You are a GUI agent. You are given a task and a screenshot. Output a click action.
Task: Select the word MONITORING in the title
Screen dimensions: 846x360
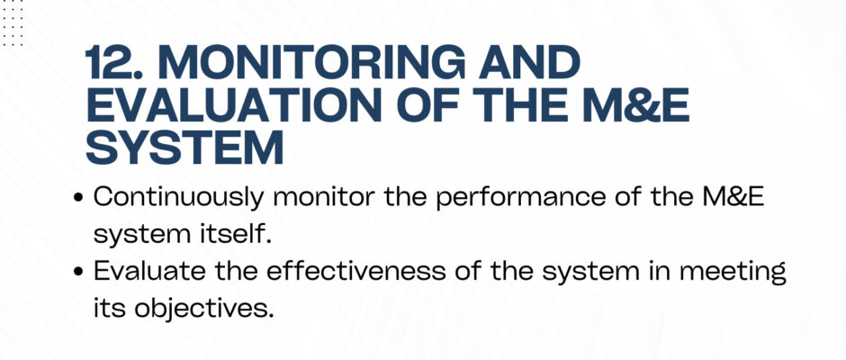click(311, 62)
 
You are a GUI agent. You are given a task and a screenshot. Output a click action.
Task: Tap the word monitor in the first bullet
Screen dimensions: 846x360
click(323, 197)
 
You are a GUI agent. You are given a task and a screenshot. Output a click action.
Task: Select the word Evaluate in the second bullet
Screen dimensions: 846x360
click(149, 272)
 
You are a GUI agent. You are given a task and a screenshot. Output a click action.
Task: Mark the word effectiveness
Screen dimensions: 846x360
click(356, 272)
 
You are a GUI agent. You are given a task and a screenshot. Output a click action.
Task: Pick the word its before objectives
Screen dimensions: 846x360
click(110, 308)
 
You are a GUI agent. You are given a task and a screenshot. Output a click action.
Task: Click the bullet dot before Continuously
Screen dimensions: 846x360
click(79, 198)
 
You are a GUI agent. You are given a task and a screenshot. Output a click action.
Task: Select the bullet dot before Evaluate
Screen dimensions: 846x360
click(79, 273)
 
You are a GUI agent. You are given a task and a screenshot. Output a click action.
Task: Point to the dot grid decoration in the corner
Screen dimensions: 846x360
click(12, 22)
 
